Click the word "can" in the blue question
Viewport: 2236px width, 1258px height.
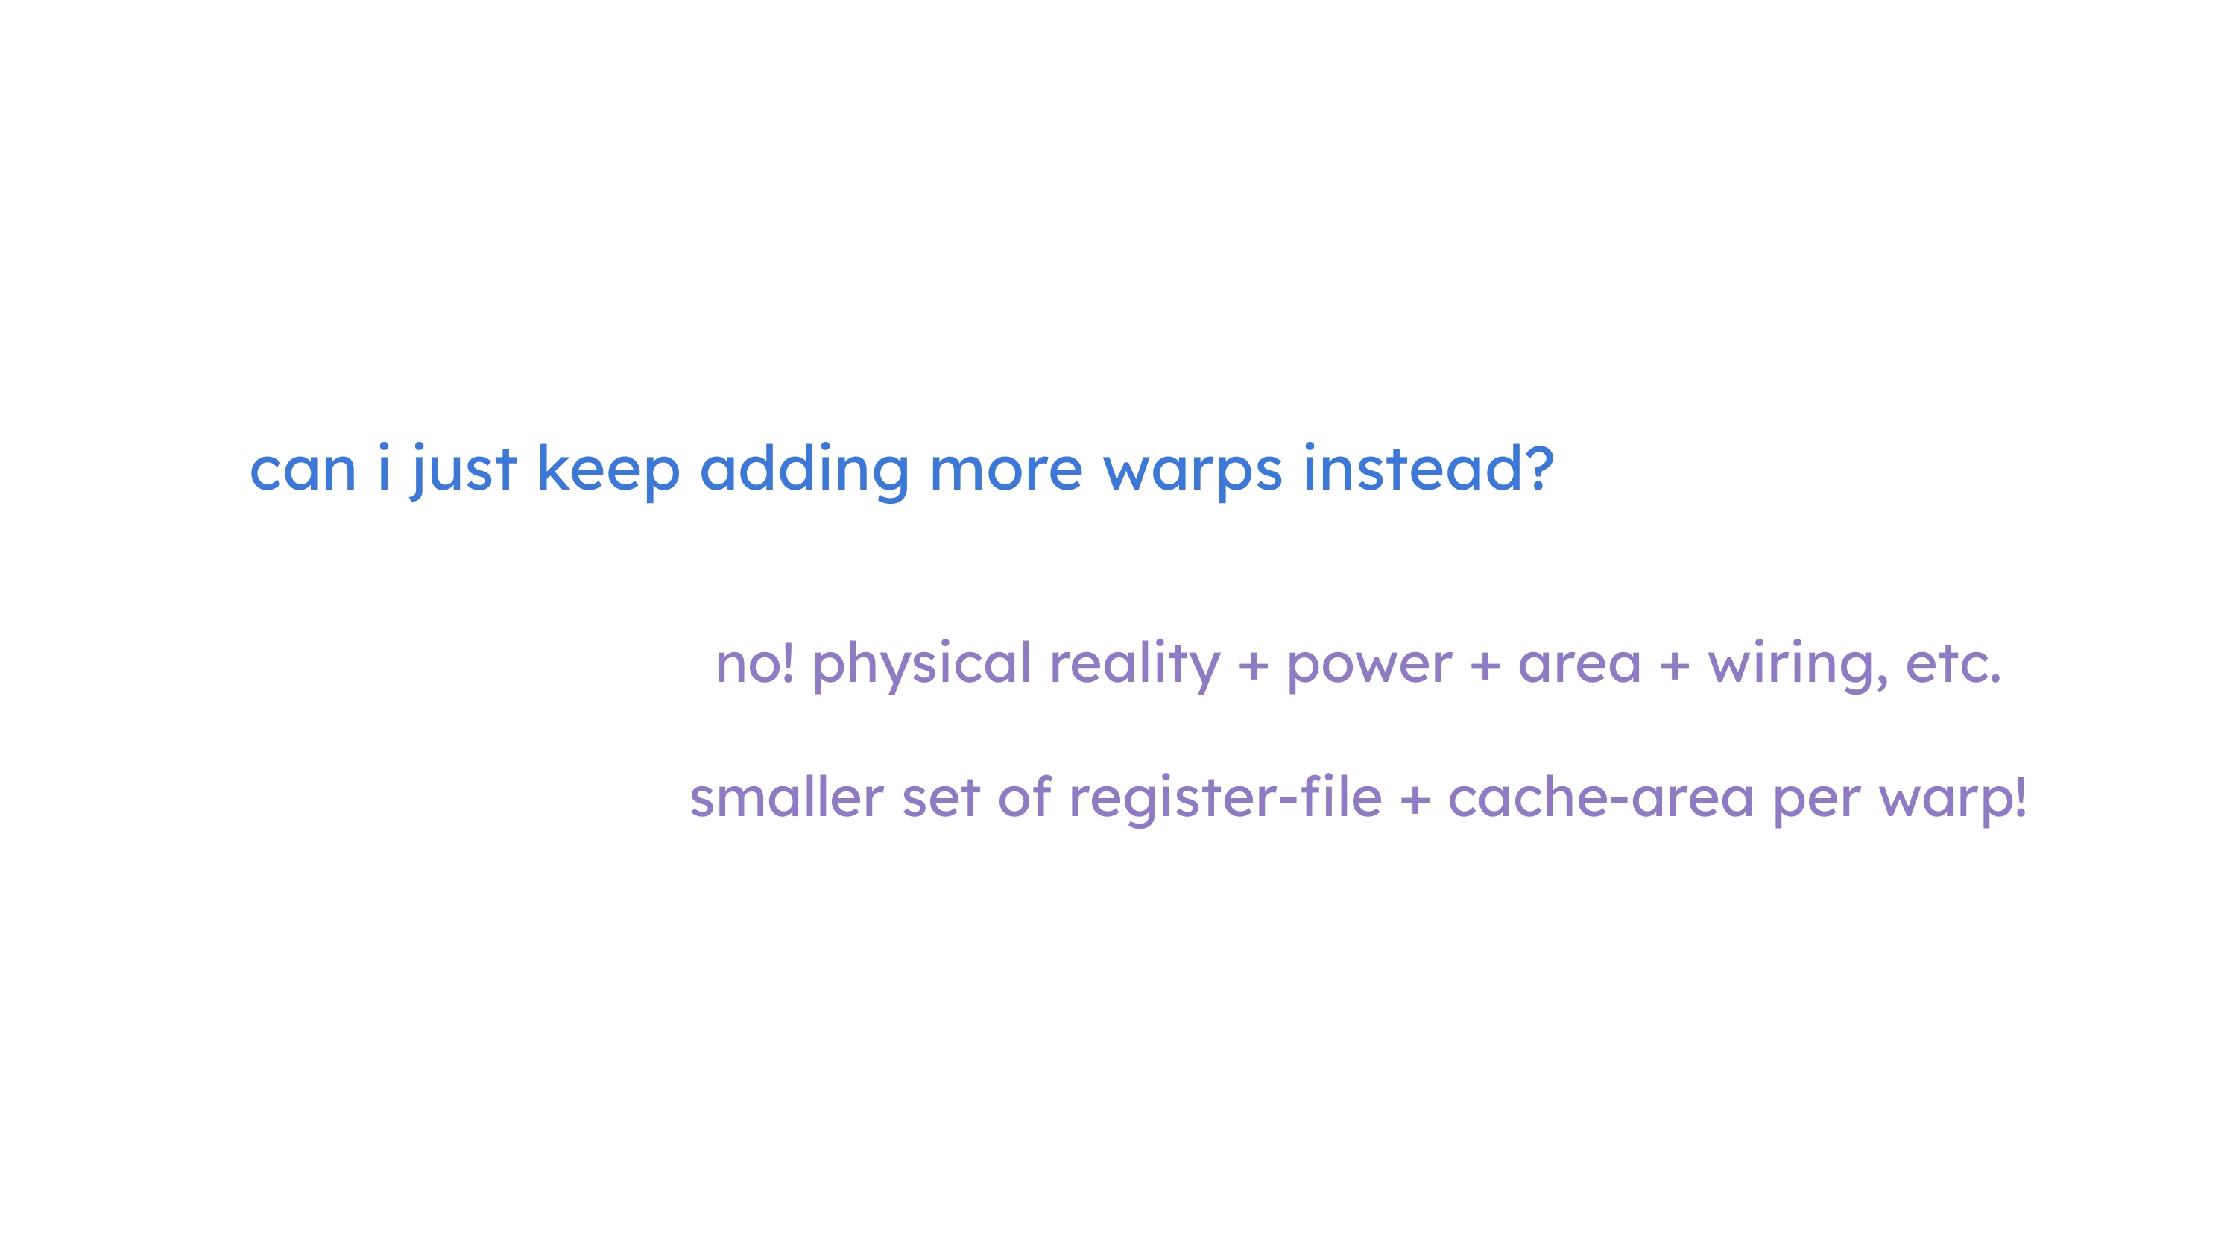coord(303,470)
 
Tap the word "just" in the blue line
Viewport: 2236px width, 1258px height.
coord(464,470)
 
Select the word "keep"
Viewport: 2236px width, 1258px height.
coord(608,470)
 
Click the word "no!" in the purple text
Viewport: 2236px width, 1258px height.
coord(754,663)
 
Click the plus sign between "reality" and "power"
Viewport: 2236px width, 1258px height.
coord(1253,667)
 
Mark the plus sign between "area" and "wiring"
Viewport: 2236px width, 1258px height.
coord(1675,667)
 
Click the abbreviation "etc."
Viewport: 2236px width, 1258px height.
coord(1953,665)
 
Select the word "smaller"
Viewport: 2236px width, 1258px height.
coord(786,797)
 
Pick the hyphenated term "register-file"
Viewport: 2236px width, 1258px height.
coord(1225,799)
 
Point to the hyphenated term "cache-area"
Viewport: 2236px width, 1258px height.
coord(1601,797)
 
